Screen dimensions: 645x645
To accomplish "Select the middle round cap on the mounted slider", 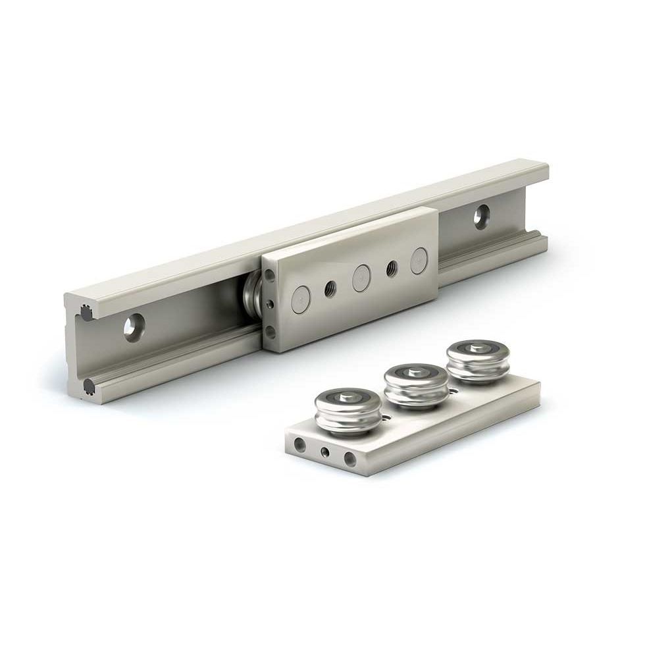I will [361, 277].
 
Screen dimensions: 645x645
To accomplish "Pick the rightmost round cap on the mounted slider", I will [419, 260].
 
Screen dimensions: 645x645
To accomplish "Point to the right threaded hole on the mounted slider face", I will [391, 269].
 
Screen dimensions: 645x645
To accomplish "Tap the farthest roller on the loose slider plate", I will [477, 361].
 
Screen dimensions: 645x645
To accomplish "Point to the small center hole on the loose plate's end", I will [324, 452].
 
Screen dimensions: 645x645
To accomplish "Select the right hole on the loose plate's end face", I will [350, 459].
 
